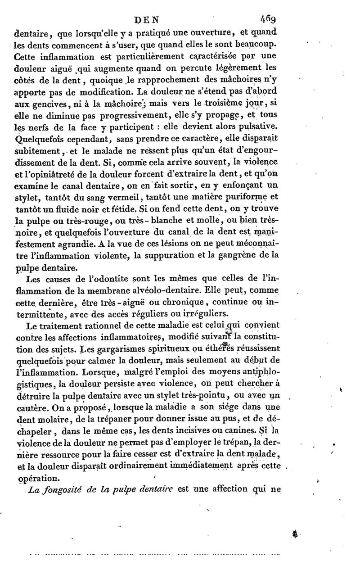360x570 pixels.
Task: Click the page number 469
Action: tap(269, 20)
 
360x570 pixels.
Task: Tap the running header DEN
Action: tap(150, 20)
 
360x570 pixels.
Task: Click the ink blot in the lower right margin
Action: tap(296, 534)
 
